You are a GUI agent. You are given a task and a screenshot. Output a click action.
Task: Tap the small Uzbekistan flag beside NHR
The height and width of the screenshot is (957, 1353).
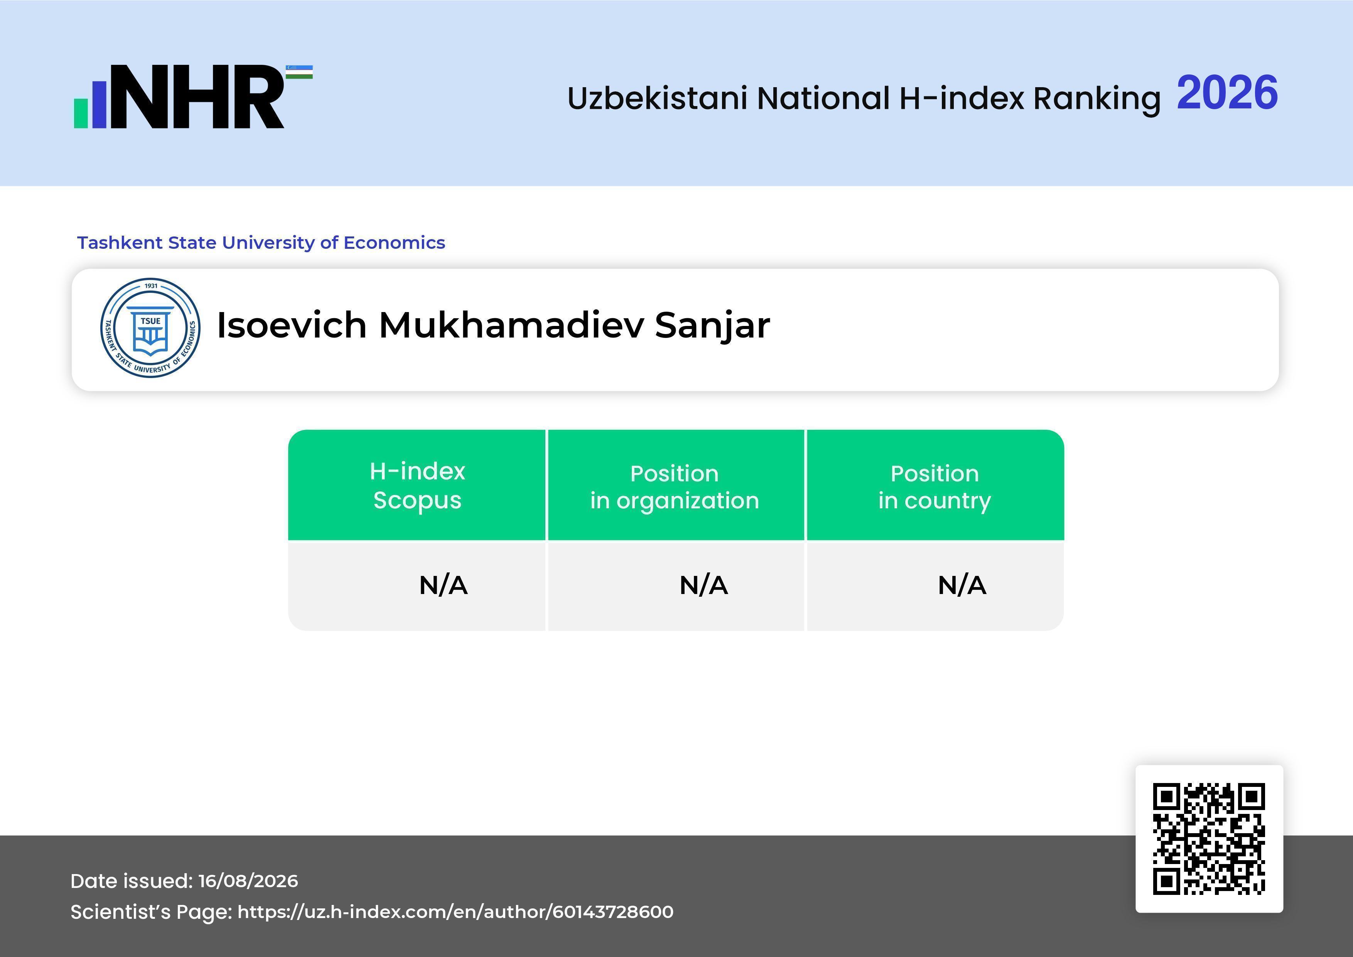coord(299,72)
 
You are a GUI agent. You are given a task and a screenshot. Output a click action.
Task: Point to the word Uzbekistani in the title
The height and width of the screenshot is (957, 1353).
coord(657,98)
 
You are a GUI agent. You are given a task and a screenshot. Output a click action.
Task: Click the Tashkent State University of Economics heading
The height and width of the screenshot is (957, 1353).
coord(261,242)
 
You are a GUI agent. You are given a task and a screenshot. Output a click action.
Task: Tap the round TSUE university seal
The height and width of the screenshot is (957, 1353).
coord(150,327)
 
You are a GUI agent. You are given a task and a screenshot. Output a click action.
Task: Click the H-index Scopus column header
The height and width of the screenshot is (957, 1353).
coord(417,486)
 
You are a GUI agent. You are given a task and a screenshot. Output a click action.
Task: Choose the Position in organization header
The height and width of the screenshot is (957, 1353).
coord(675,487)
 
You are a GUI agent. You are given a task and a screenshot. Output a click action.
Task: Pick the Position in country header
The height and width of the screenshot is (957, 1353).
coord(935,487)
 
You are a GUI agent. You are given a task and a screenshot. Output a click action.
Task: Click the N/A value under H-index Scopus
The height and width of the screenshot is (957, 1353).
coord(443,585)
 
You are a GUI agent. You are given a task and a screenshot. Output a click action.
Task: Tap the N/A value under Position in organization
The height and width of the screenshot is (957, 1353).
coord(703,585)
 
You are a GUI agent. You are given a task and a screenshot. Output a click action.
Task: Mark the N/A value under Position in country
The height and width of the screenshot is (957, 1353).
coord(962,585)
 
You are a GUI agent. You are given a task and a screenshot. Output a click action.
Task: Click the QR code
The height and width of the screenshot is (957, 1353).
coord(1209,839)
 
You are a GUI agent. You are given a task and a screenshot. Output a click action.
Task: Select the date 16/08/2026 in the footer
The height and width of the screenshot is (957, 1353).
coord(248,881)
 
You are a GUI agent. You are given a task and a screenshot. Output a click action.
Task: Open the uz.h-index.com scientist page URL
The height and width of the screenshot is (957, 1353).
coord(455,911)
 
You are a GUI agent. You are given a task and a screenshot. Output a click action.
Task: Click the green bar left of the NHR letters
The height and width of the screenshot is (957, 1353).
coord(81,113)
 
